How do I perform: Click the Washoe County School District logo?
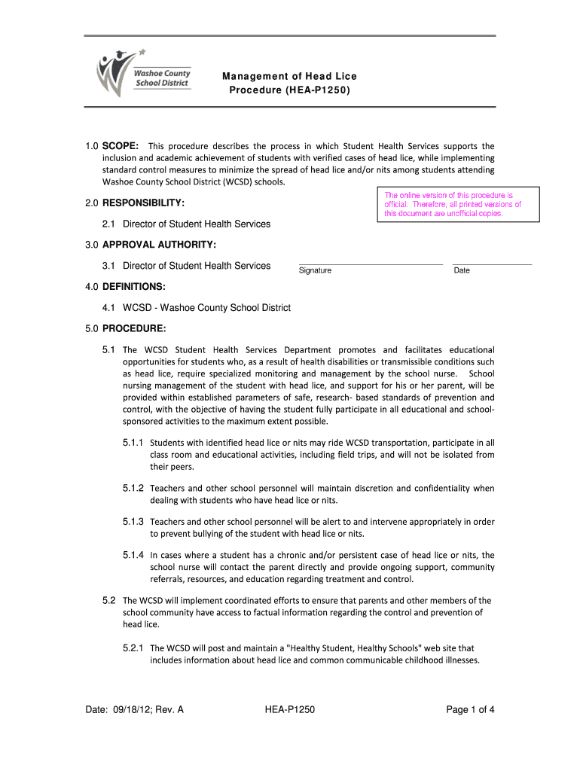pos(143,74)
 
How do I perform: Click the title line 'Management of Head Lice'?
pos(289,77)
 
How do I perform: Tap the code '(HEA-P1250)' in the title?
pos(317,90)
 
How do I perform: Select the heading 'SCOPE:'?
pos(120,146)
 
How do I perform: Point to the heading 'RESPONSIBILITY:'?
pos(144,203)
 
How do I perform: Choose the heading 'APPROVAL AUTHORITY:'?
pos(159,245)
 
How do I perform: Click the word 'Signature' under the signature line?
pos(315,270)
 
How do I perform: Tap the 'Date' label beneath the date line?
pos(462,270)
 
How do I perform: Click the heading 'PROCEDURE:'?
pos(134,328)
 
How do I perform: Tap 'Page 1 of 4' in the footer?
pos(470,709)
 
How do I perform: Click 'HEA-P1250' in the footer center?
pos(290,709)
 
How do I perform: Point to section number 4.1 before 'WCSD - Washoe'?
pos(108,307)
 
